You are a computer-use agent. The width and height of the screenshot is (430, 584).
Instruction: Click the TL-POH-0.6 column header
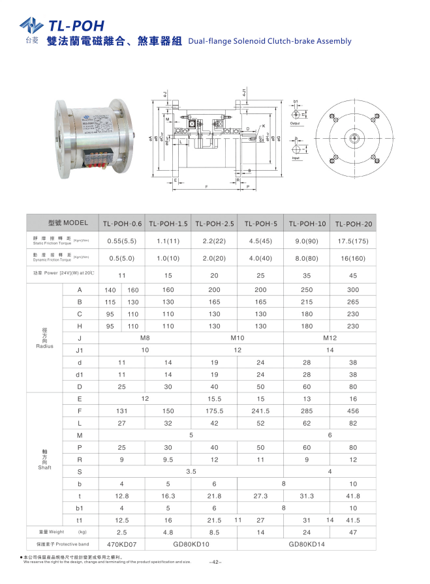(121, 224)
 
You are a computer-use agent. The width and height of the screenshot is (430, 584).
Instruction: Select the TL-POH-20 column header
(353, 224)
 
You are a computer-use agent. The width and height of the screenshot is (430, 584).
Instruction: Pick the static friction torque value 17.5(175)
(353, 240)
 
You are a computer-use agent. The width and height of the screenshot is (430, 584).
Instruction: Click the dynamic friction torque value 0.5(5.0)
(121, 257)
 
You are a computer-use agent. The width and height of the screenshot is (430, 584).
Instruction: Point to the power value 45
(353, 275)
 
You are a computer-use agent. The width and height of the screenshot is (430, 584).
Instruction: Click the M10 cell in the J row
(238, 338)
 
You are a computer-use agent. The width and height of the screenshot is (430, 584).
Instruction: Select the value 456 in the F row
(353, 411)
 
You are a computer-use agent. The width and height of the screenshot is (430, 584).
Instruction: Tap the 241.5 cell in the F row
(260, 411)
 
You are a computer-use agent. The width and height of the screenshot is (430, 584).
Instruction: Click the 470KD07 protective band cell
(121, 543)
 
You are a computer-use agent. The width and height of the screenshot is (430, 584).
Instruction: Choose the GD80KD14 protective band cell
(307, 543)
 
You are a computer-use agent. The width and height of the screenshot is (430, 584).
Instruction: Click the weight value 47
(353, 532)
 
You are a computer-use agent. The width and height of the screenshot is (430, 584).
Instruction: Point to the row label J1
(80, 350)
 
